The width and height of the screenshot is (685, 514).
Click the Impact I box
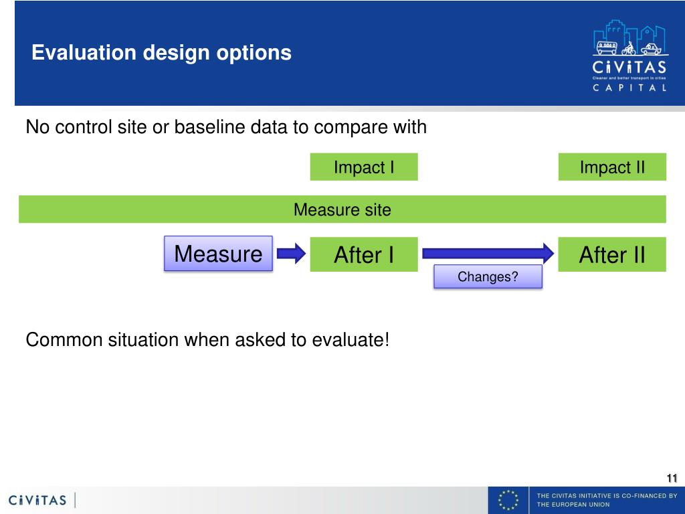click(x=364, y=167)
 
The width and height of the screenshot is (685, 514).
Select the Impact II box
click(x=612, y=167)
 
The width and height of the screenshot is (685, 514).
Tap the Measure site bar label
click(x=342, y=209)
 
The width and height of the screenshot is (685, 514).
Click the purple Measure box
click(x=219, y=254)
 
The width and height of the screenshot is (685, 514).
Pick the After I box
click(x=364, y=254)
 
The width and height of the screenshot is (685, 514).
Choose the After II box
click(x=612, y=254)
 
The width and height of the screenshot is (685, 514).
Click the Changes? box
click(x=488, y=276)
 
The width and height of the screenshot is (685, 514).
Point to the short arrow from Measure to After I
click(x=292, y=254)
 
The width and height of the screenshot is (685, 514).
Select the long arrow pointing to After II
click(x=488, y=254)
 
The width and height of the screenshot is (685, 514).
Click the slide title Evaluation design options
click(x=162, y=53)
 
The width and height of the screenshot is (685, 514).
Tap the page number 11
click(x=672, y=478)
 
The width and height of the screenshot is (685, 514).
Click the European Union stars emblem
click(x=508, y=500)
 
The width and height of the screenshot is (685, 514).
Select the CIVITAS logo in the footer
click(x=37, y=500)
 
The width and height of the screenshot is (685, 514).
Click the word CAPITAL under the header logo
click(x=629, y=88)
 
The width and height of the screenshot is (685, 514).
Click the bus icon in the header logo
click(x=607, y=48)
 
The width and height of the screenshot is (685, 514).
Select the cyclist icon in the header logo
click(x=629, y=48)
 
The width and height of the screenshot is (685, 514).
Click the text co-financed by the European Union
click(x=607, y=500)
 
